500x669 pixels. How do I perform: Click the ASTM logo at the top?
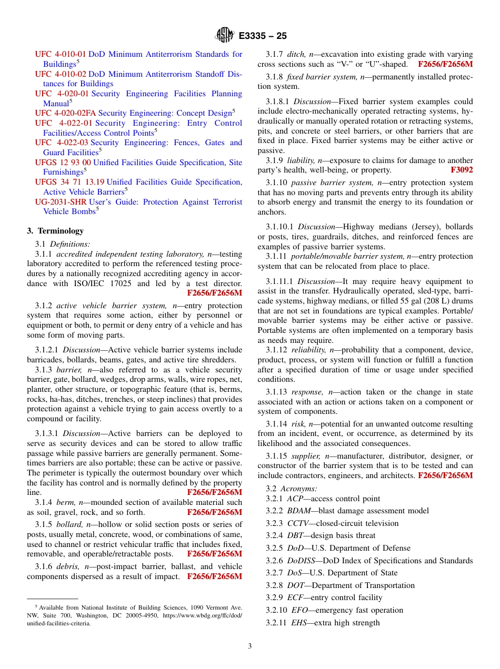[x=224, y=36]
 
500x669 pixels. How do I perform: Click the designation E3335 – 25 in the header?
[x=263, y=36]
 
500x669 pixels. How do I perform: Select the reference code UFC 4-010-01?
[x=61, y=54]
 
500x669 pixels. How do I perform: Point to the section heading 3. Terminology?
[x=55, y=231]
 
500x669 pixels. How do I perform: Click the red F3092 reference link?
[x=462, y=170]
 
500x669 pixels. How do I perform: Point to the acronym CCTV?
[x=299, y=523]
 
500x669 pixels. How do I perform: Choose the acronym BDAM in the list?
[x=299, y=511]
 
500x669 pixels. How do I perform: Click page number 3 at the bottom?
[x=250, y=646]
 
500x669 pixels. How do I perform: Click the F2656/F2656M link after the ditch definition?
[x=445, y=64]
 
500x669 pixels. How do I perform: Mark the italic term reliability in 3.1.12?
[x=308, y=350]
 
